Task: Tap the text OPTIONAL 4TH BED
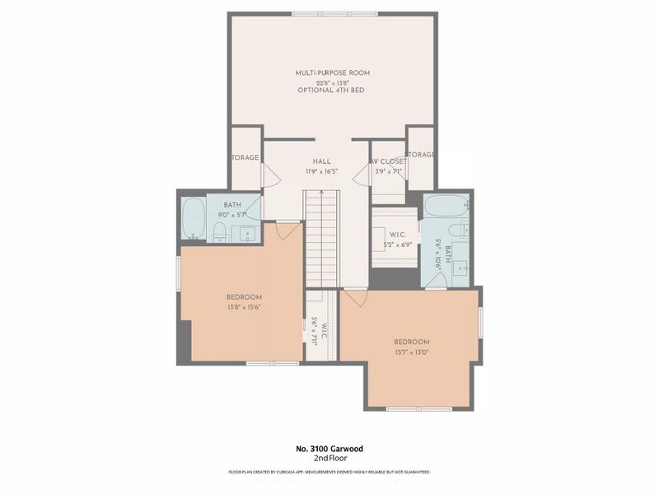330,90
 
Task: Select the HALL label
321,161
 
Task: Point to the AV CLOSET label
386,161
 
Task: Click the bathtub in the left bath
193,219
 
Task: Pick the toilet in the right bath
463,228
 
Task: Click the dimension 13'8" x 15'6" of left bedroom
244,307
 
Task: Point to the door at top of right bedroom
355,296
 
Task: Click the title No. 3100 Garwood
329,449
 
